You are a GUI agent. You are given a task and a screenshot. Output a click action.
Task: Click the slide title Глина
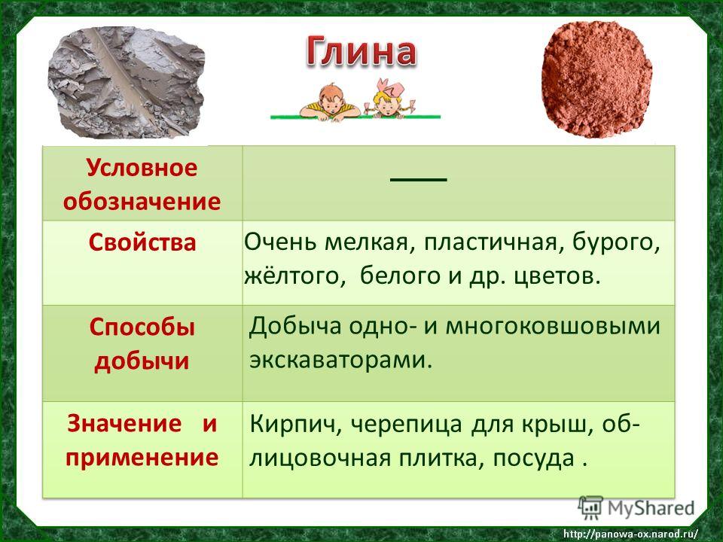361,51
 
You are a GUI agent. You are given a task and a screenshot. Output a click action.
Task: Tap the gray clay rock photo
126,83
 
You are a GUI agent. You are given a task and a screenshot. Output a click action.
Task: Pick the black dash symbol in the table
419,179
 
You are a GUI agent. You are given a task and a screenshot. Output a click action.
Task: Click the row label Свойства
142,242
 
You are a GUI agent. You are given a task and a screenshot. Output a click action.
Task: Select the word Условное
142,167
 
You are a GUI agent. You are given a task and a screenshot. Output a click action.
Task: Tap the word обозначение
142,202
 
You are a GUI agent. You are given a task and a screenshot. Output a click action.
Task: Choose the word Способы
142,328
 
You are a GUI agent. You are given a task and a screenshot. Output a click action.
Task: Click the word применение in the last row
142,457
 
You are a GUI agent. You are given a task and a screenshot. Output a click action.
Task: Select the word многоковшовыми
553,326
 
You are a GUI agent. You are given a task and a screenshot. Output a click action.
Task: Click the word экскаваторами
340,360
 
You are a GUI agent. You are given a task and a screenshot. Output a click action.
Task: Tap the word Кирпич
295,425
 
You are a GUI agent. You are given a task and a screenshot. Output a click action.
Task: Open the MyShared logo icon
590,508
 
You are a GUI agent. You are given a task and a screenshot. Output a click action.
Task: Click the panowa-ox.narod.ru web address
631,534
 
